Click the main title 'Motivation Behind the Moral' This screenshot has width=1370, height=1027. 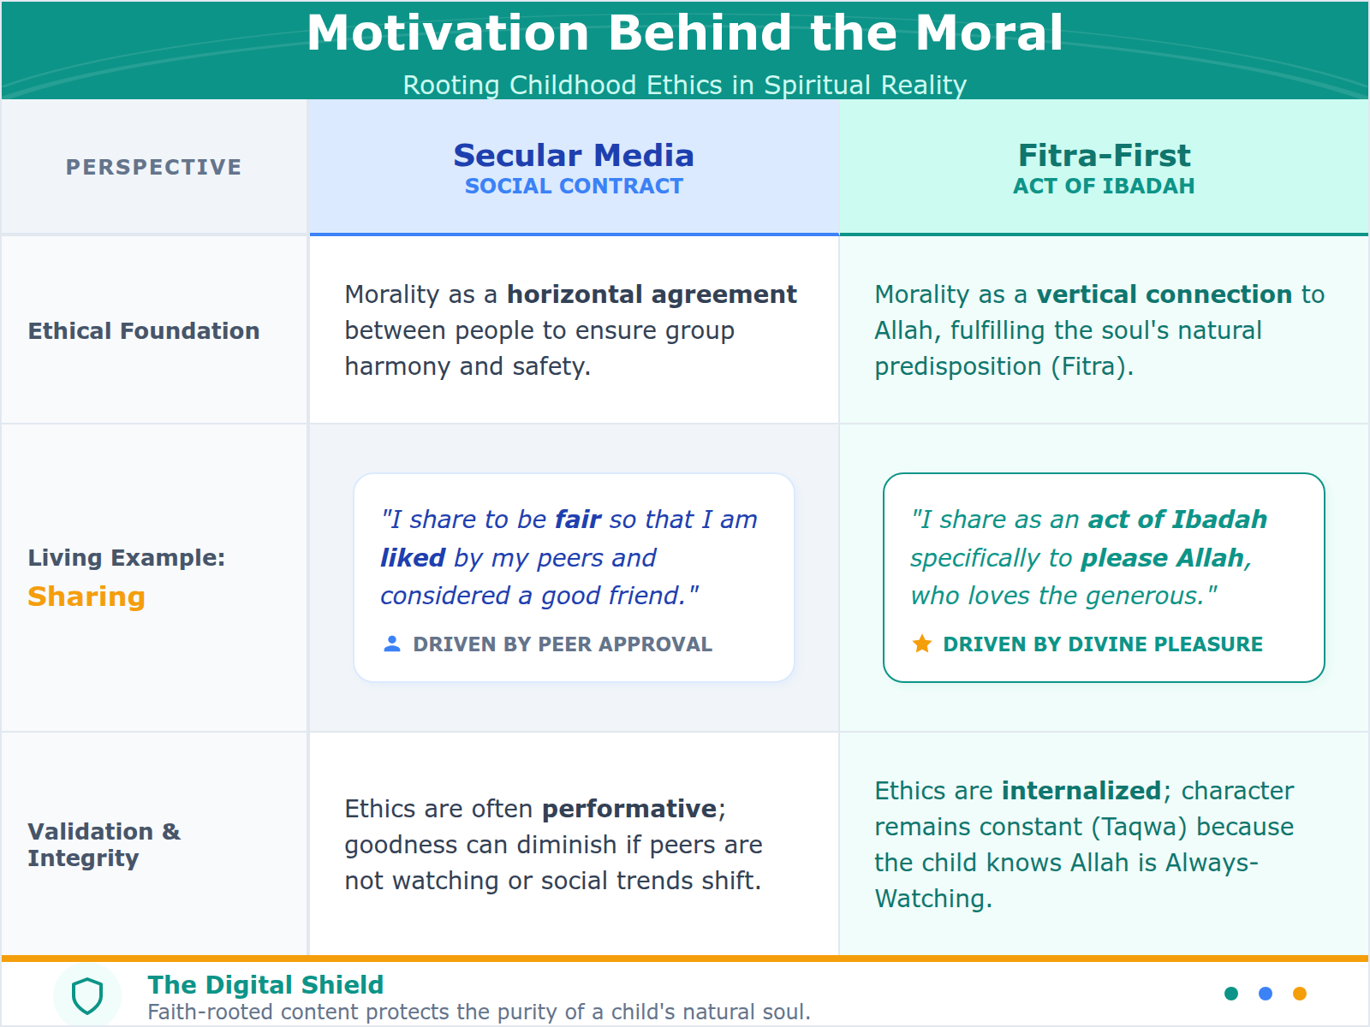[685, 34]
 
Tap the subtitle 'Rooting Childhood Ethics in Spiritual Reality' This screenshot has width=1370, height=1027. [685, 86]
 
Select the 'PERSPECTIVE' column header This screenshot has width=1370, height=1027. [154, 167]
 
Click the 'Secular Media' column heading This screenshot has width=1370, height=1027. [574, 156]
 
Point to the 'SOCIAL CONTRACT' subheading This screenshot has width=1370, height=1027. [574, 187]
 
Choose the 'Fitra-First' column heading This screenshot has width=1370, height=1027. [1104, 156]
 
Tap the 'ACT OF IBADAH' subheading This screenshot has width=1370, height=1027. [1104, 187]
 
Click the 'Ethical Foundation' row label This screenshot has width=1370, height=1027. [144, 331]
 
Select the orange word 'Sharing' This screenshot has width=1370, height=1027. [86, 597]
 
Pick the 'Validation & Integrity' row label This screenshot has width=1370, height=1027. [104, 845]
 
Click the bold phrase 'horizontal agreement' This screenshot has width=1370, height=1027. [652, 294]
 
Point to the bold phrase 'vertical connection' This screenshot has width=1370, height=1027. [1164, 294]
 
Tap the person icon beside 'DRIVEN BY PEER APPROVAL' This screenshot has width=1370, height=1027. [392, 644]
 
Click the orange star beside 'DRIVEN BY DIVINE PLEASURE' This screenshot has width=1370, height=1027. [922, 644]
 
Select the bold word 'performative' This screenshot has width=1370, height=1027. [629, 809]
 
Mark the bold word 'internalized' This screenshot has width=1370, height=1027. [1081, 791]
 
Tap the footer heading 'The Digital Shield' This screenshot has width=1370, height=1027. [265, 985]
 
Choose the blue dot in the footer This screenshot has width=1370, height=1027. [1266, 994]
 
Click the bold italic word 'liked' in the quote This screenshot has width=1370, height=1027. [413, 558]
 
